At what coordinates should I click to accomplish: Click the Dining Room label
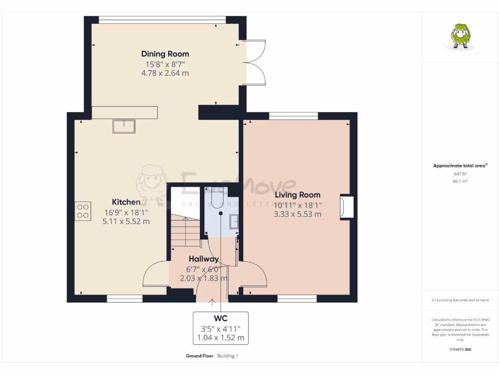[165, 54]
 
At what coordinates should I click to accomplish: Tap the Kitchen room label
[126, 202]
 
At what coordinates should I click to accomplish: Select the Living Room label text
[298, 195]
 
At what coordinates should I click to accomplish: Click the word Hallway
[204, 259]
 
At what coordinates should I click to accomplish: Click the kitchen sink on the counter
[125, 126]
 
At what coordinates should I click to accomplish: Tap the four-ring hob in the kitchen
[82, 210]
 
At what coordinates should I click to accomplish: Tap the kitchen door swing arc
[155, 275]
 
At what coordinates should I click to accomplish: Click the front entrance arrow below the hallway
[212, 302]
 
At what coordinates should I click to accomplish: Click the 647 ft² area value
[460, 174]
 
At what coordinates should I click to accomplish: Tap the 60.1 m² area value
[460, 181]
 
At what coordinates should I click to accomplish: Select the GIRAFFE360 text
[460, 349]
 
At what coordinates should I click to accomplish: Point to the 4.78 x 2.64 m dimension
[165, 74]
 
